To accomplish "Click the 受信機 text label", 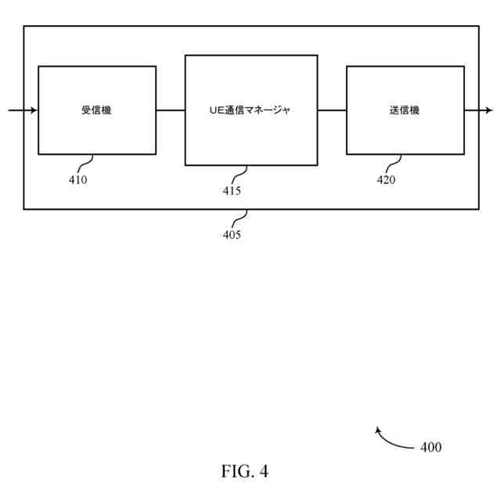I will tap(96, 110).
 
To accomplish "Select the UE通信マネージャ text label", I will tap(250, 110).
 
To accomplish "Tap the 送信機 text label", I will tap(404, 110).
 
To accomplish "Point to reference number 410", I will tap(77, 179).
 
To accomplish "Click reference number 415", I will tap(232, 190).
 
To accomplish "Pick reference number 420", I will tap(386, 179).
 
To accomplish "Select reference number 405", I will tap(232, 234).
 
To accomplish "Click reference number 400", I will tap(431, 448).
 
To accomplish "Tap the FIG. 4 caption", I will tap(245, 471).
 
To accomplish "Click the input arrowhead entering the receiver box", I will tap(34, 110).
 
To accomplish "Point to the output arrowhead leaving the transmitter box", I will tap(488, 110).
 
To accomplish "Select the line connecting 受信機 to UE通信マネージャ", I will tap(170, 110).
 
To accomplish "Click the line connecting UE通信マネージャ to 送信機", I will tap(332, 110).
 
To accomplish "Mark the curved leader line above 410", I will tap(85, 163).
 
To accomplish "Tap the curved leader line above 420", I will tap(394, 163).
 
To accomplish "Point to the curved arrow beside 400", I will tap(391, 441).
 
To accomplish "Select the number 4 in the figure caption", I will tap(264, 471).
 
